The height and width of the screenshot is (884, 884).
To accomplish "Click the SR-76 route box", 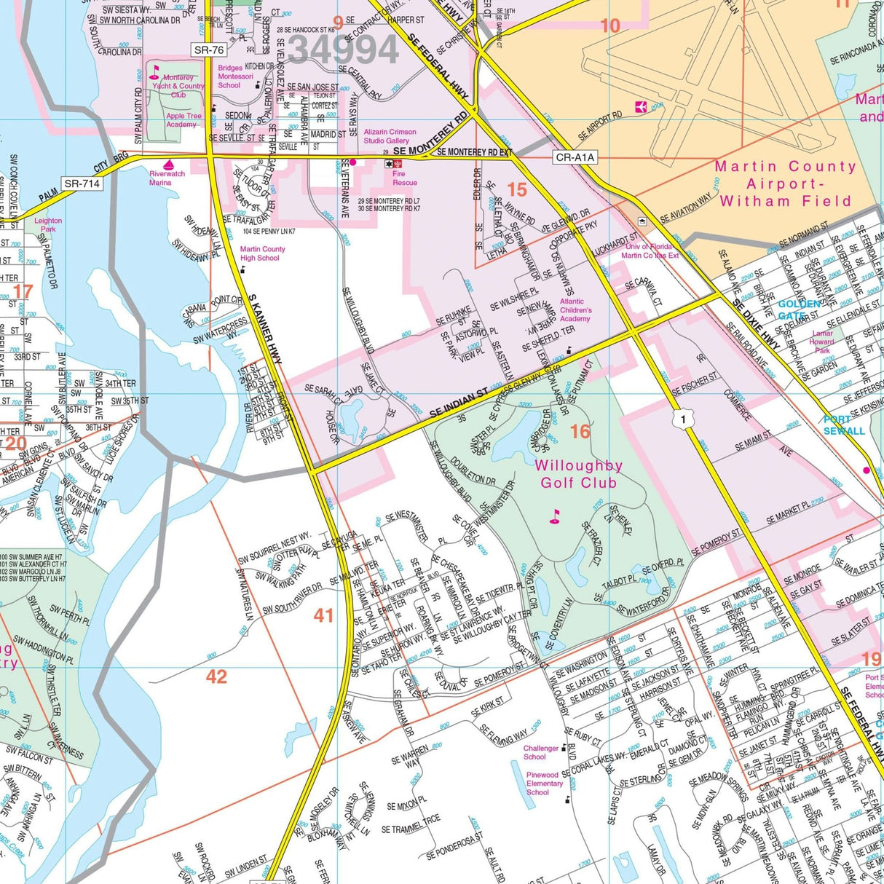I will point(209,50).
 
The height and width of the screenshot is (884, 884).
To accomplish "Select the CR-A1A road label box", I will point(575,157).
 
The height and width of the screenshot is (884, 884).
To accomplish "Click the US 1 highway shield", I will point(681,419).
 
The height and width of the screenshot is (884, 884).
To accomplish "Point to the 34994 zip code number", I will point(343,50).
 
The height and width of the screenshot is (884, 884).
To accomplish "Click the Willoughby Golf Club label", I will point(578,474).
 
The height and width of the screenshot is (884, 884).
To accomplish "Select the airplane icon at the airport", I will point(641,107).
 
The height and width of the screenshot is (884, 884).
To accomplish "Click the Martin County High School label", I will point(262,253).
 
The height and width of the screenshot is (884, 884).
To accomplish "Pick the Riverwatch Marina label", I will point(167,178).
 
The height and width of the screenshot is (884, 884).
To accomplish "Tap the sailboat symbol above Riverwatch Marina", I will point(168,165).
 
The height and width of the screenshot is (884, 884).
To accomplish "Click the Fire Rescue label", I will point(404,178).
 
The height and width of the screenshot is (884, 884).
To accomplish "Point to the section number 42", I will point(216,676).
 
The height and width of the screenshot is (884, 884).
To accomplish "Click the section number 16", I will point(580,432).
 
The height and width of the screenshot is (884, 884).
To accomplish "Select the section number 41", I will point(323,615).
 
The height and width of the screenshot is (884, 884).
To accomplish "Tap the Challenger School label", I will point(540,752).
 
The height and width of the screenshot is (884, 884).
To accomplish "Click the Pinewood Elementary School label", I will point(543,784).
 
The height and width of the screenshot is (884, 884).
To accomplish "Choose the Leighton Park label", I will point(48,225).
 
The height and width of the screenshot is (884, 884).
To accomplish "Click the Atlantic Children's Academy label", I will point(575,310).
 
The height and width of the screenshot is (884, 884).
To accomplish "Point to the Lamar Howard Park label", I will point(822,342).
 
